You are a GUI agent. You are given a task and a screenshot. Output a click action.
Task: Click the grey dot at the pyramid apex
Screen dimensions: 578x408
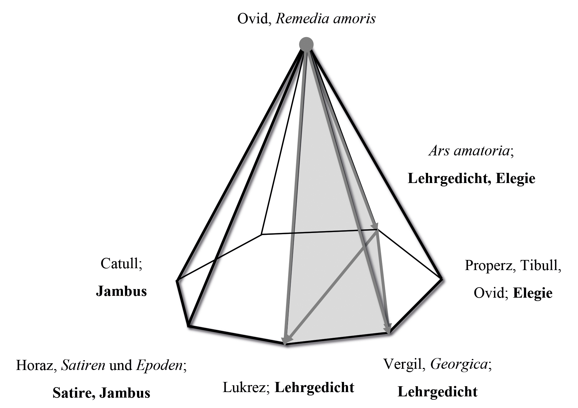point(306,44)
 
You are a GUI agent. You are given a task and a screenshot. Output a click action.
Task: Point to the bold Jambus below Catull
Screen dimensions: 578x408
point(121,291)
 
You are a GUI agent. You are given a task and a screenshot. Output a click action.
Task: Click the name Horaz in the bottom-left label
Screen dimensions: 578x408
point(35,365)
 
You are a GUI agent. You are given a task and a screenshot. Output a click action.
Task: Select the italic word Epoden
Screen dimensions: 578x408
point(159,365)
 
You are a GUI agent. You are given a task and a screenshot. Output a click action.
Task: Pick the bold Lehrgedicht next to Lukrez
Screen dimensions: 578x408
point(314,387)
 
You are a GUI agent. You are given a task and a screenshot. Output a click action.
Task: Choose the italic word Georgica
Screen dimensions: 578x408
point(459,364)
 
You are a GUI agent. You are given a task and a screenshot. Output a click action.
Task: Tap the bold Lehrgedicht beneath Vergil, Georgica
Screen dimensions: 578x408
point(438,392)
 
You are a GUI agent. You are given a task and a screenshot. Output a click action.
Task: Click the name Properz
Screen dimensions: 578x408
point(489,265)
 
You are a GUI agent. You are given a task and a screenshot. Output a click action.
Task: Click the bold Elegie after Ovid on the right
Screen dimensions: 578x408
point(533,293)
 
